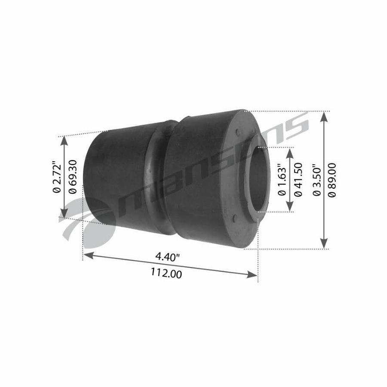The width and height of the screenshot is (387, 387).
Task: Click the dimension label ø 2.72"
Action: (56, 177)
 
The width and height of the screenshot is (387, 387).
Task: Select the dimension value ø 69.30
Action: (73, 177)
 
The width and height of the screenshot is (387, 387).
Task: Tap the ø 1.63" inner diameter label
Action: (282, 179)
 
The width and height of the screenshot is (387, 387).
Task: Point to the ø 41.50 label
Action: (298, 179)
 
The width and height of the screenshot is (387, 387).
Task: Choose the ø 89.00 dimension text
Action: (332, 180)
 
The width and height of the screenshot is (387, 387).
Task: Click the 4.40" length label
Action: (167, 257)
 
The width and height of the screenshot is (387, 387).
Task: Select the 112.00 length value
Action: (166, 273)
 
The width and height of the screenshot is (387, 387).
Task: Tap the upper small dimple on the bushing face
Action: (238, 132)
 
